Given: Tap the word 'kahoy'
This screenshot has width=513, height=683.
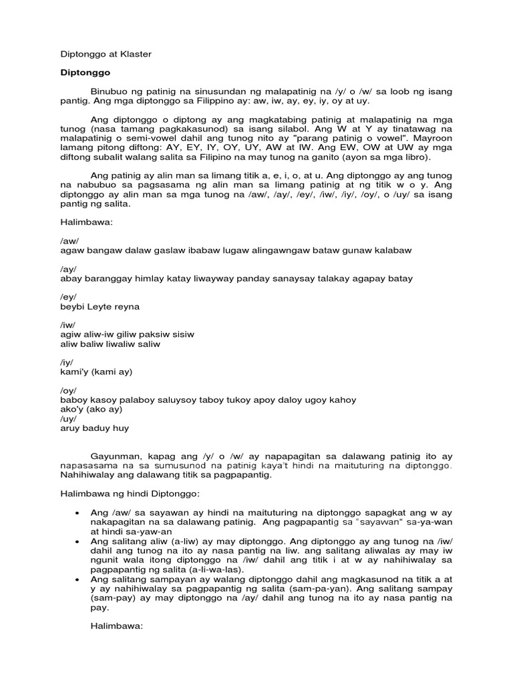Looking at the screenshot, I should click(341, 400).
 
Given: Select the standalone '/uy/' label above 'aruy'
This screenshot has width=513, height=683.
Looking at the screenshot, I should click(68, 420).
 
